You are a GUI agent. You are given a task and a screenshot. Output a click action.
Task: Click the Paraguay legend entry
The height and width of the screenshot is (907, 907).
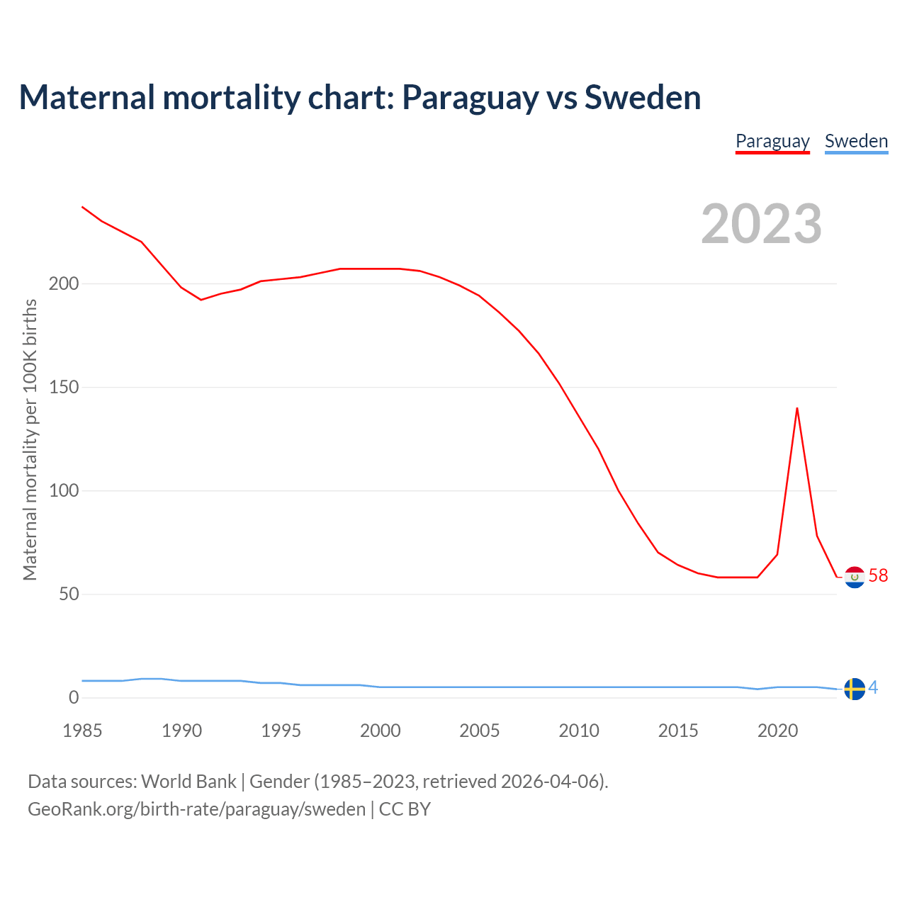point(772,141)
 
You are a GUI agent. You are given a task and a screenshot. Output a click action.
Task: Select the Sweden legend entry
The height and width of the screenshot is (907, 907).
point(856,141)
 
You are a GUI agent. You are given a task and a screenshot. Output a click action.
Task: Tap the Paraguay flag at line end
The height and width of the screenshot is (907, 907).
point(855,578)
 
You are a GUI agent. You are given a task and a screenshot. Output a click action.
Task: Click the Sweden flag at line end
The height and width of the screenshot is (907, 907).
point(855,689)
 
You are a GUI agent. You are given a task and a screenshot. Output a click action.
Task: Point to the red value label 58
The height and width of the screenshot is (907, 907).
point(878,575)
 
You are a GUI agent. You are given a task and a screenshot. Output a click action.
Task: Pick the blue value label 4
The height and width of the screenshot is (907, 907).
point(873,687)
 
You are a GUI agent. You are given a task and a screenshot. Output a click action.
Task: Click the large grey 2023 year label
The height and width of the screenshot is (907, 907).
point(761,224)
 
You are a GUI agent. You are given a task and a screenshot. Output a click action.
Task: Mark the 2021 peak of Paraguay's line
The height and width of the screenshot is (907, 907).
point(797,408)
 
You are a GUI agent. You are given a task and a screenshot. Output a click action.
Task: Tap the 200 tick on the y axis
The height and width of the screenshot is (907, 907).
point(64,284)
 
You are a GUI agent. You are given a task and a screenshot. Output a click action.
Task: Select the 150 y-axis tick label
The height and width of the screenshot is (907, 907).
point(64,388)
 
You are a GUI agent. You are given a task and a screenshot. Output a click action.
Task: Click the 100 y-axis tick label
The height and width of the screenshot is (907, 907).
point(64,491)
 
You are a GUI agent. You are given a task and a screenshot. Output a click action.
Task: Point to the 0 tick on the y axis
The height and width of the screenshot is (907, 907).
point(74,698)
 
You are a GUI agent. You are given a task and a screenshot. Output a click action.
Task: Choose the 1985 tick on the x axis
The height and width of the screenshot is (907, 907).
point(82,731)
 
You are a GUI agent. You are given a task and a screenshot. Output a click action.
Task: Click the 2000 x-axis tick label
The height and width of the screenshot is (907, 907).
point(381,731)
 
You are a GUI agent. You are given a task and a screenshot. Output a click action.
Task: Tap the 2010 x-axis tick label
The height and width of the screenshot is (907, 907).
point(579,731)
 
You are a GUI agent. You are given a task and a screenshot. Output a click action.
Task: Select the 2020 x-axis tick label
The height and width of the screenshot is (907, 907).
point(777,731)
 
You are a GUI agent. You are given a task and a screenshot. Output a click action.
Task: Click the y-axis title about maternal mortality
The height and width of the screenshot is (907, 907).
point(30,439)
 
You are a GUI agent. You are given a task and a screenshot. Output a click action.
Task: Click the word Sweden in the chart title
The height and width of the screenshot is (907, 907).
point(643,98)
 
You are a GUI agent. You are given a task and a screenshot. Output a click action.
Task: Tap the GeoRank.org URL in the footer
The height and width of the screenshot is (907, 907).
point(196,809)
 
